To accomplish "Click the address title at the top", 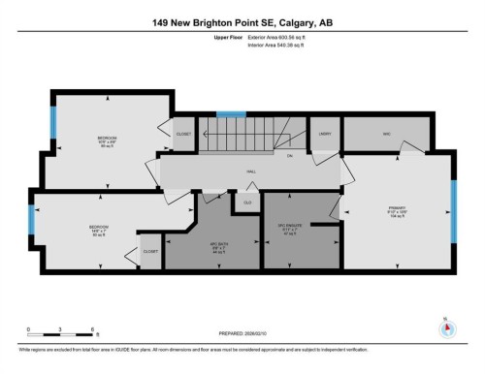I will [x=242, y=22].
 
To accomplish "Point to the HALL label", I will [x=250, y=171].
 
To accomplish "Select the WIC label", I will [x=386, y=134].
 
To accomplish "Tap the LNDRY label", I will [x=325, y=134].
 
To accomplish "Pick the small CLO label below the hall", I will [x=247, y=203].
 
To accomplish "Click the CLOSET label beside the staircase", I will [x=184, y=134].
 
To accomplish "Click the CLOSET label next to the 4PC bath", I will [x=150, y=251].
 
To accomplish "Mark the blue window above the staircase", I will [x=230, y=113].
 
